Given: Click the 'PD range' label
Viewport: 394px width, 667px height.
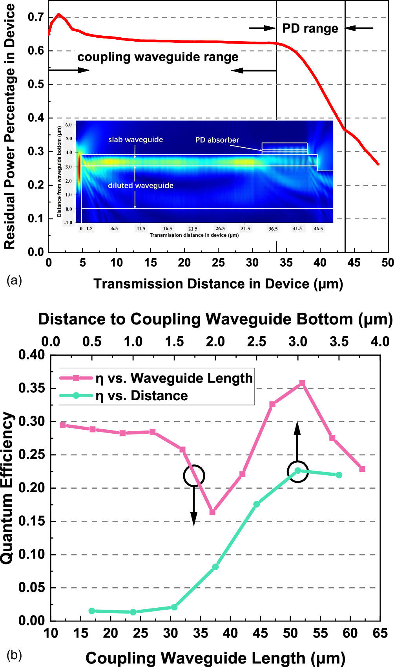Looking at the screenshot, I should point(310,29).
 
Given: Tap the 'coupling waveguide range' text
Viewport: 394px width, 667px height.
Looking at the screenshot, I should point(158,57).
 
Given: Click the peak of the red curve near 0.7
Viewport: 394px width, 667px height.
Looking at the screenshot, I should point(58,15).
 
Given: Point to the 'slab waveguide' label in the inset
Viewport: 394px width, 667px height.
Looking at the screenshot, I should point(135,139).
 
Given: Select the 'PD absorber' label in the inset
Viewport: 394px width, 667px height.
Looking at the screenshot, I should point(217,140).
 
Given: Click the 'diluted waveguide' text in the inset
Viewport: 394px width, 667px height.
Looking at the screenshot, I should point(140,185).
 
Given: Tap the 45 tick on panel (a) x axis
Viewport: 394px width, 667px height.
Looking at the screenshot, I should point(354,263).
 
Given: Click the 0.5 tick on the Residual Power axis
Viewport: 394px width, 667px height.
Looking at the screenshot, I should point(36,84).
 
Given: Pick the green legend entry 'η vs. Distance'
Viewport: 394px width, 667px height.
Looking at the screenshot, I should point(142,396).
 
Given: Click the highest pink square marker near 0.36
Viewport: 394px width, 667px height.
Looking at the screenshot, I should point(302,383).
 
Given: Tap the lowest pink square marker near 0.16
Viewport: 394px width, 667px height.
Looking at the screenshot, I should point(212,512).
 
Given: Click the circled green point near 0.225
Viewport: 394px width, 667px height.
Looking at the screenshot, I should point(298,471).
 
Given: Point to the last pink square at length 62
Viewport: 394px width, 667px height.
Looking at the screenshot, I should point(362,469).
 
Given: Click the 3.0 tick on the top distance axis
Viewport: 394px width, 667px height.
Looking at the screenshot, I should point(298,341).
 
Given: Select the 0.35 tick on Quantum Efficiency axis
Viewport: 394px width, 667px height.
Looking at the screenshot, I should point(32,388).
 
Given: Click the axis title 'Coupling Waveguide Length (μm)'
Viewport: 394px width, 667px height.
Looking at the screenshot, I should point(215,658).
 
